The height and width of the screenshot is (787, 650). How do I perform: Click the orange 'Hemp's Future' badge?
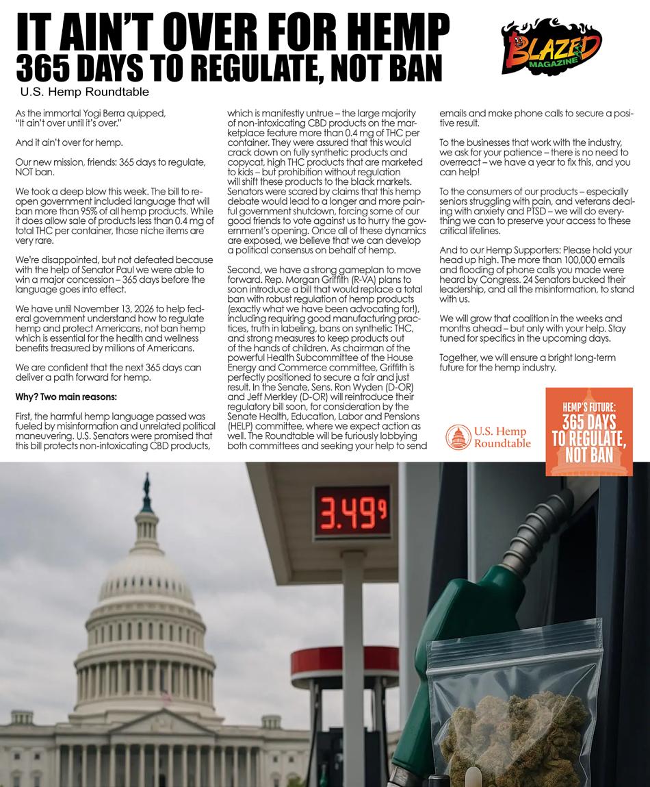coord(588,432)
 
